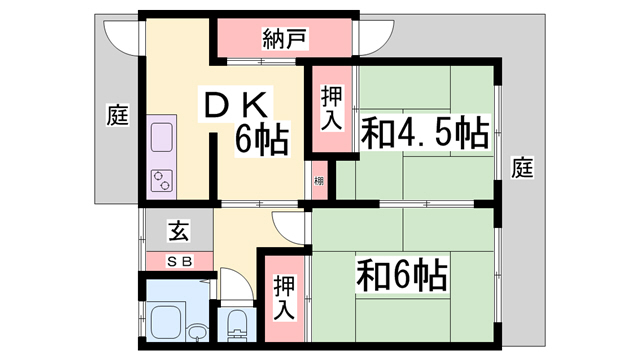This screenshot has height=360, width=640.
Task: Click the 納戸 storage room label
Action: [x=284, y=39]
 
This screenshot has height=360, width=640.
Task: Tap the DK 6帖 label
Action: [x=244, y=121]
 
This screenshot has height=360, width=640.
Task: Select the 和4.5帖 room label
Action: [x=425, y=133]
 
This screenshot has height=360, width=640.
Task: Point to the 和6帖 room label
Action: [x=402, y=275]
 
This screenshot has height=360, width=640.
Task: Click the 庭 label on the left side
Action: [x=118, y=115]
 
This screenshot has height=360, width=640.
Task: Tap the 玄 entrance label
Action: [x=179, y=231]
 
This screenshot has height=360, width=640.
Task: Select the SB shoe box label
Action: [x=180, y=261]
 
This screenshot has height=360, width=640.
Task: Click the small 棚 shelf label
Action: [x=319, y=180]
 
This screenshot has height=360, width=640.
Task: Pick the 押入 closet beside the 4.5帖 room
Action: [x=331, y=108]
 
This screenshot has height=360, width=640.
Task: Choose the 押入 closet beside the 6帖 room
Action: [x=284, y=297]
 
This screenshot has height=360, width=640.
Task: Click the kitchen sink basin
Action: [x=162, y=137]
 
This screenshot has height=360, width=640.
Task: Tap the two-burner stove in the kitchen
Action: [x=162, y=180]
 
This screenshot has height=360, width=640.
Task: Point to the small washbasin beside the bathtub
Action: [x=198, y=331]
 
